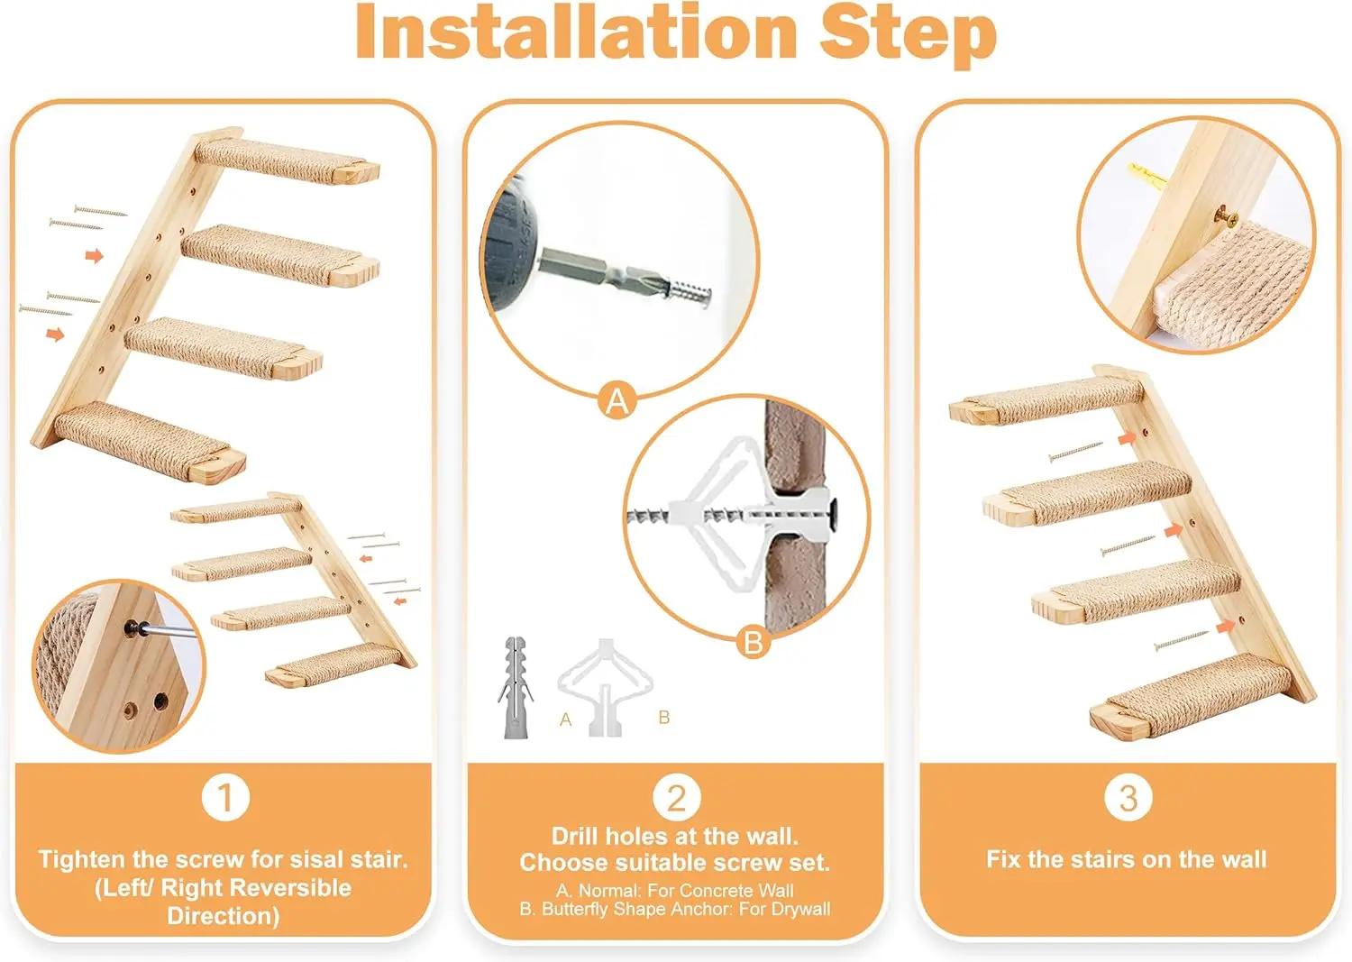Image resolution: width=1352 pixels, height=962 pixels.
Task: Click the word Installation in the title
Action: click(578, 32)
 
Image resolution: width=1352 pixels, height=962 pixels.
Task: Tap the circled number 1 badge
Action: click(224, 797)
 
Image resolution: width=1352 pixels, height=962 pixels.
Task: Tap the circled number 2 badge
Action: click(676, 797)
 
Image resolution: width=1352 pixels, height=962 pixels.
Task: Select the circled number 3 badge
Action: click(1128, 797)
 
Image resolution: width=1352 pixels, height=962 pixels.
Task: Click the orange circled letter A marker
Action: click(617, 400)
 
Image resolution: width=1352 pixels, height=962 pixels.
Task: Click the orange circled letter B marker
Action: click(753, 642)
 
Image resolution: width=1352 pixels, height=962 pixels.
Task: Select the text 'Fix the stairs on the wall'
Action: click(1126, 859)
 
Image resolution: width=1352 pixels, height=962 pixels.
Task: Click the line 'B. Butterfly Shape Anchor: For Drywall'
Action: click(675, 910)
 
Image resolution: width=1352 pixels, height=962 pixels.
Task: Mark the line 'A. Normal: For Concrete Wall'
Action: click(675, 890)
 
